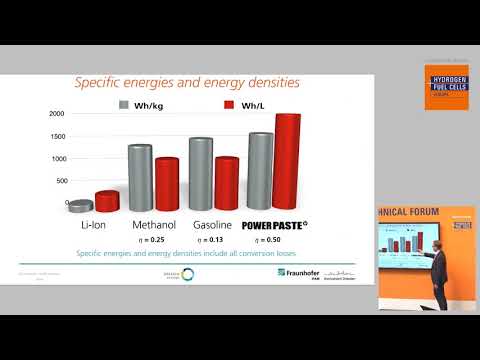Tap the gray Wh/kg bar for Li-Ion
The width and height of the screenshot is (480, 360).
tap(80, 206)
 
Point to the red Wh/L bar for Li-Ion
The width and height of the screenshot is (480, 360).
tap(106, 201)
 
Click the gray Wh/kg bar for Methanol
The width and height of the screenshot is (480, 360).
tap(139, 179)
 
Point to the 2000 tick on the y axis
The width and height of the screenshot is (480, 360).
tap(56, 114)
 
